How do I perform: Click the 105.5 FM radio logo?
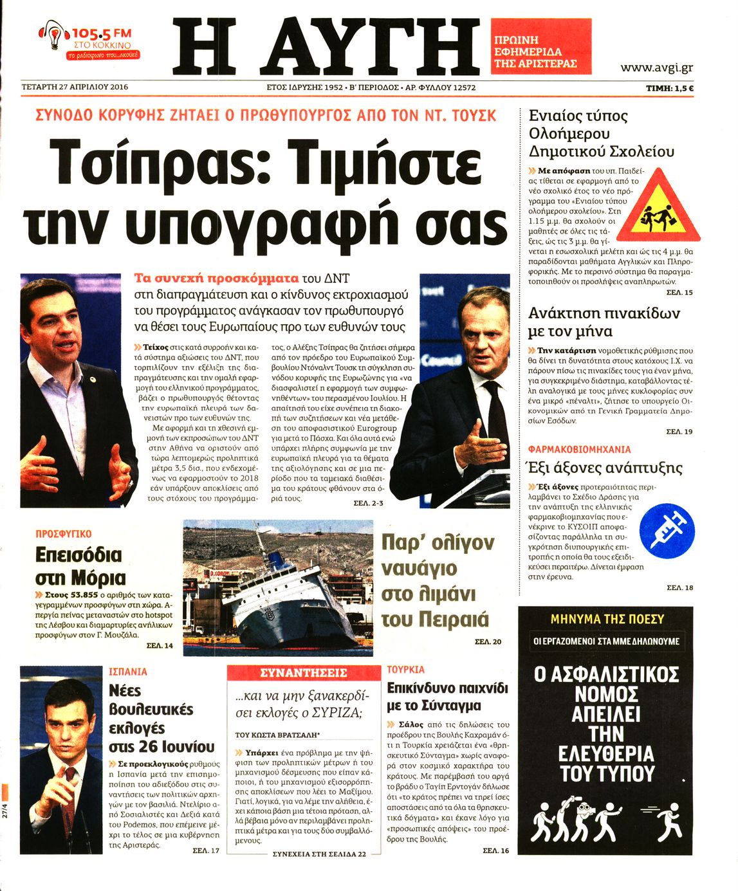pyautogui.click(x=89, y=41)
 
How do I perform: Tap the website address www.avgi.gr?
pyautogui.click(x=656, y=68)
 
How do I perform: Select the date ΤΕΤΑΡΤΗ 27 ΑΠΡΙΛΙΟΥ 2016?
pyautogui.click(x=75, y=87)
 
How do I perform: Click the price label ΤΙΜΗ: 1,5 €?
pyautogui.click(x=669, y=88)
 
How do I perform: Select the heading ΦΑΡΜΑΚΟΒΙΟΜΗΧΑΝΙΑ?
pyautogui.click(x=579, y=449)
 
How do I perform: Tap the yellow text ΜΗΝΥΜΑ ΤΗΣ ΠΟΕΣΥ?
pyautogui.click(x=607, y=619)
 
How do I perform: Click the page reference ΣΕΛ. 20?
pyautogui.click(x=488, y=641)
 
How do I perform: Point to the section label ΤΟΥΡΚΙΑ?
pyautogui.click(x=405, y=670)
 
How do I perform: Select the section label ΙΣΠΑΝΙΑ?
pyautogui.click(x=128, y=672)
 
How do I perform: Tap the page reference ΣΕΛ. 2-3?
pyautogui.click(x=368, y=503)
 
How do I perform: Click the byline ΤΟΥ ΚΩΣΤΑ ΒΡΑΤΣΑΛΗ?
pyautogui.click(x=277, y=735)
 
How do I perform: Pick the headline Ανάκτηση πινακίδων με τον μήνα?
pyautogui.click(x=604, y=322)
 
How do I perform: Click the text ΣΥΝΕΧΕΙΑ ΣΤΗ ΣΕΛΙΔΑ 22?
pyautogui.click(x=319, y=854)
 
